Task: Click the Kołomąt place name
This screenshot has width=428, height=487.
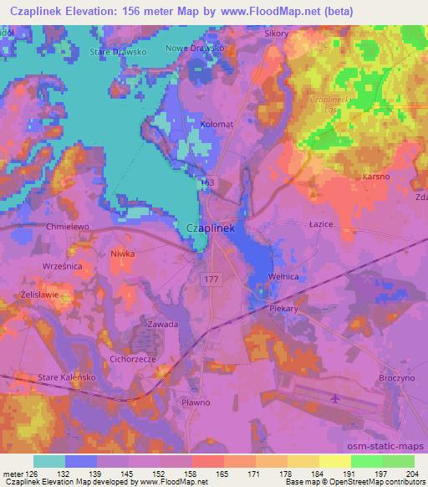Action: [x=217, y=123]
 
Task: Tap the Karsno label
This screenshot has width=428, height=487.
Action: [x=374, y=177]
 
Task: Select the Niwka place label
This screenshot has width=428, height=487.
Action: [x=123, y=252]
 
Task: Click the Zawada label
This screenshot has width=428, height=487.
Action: [x=162, y=324]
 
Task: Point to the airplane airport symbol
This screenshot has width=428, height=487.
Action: [x=335, y=398]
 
